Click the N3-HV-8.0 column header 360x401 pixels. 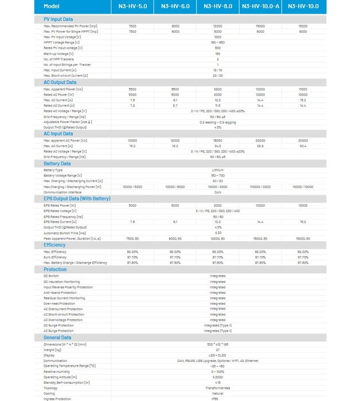(218, 6)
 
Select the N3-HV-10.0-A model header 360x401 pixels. (260, 6)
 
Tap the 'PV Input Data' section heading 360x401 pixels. (58, 19)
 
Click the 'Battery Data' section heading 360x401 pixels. (57, 163)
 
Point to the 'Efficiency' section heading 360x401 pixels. (54, 245)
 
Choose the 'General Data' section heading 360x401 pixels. (57, 337)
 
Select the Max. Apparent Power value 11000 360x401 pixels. (303, 89)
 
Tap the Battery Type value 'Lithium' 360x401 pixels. (218, 170)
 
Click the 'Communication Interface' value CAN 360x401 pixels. (218, 192)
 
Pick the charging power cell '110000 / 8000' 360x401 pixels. (260, 187)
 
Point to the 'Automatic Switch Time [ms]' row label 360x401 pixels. (64, 233)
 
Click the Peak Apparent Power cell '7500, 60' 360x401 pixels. (132, 238)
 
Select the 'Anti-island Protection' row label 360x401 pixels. (60, 292)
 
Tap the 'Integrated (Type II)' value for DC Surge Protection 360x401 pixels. (218, 325)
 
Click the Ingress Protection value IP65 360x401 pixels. (218, 399)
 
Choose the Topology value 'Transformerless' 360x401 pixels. (218, 388)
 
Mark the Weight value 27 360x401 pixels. (218, 349)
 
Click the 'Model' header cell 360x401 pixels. (51, 6)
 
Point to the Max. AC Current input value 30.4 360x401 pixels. (303, 146)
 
